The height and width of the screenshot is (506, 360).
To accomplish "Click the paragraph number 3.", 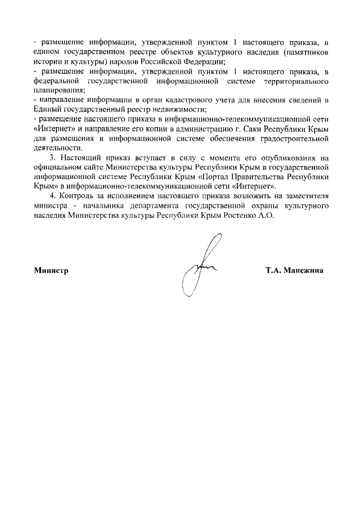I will pos(55,158).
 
